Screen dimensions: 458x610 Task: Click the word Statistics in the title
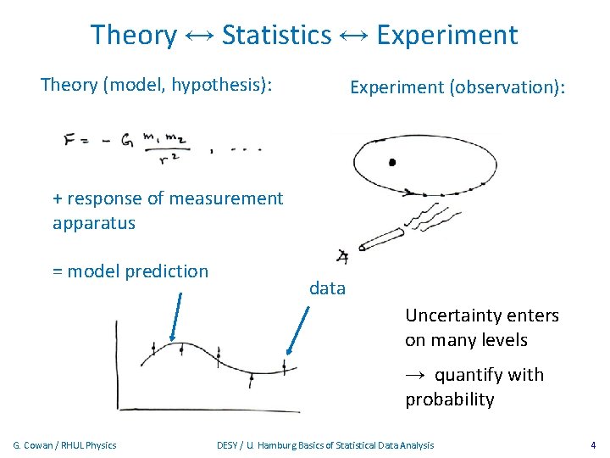[276, 35]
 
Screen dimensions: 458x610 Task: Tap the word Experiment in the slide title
[446, 35]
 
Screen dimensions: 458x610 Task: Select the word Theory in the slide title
[133, 35]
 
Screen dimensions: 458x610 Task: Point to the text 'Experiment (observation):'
[457, 87]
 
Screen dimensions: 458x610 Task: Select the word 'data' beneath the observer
[327, 288]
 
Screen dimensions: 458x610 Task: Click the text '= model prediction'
[130, 271]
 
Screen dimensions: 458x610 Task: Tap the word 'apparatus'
[93, 223]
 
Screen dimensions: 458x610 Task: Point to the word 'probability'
[449, 399]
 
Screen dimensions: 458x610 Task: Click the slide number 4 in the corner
[592, 444]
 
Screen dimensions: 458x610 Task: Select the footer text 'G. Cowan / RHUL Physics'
[65, 444]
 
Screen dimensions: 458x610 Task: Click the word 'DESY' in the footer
[229, 444]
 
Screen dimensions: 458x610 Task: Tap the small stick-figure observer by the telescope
[342, 256]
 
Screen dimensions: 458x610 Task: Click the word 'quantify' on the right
[472, 375]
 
